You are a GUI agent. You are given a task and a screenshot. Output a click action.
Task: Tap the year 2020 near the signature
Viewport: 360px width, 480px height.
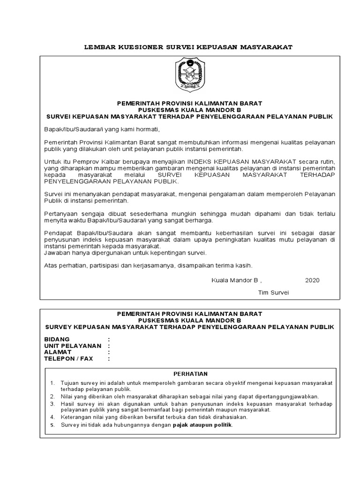(x=312, y=280)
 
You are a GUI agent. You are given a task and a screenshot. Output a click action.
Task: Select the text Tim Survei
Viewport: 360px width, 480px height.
(x=274, y=292)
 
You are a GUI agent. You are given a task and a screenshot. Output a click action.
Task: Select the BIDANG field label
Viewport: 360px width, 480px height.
(x=57, y=339)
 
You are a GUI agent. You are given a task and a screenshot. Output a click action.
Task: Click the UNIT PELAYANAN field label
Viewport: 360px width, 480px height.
(x=73, y=345)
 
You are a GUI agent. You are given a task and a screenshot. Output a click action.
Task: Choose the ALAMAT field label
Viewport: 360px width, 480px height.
(x=59, y=352)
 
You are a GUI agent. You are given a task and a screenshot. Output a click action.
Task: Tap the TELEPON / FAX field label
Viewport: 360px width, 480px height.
(x=68, y=359)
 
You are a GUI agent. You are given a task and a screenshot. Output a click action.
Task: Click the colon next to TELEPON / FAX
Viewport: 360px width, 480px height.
(x=109, y=359)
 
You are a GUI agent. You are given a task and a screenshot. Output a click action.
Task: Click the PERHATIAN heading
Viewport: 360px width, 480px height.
(x=190, y=374)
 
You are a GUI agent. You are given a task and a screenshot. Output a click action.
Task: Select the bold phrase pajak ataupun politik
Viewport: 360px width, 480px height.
(x=202, y=425)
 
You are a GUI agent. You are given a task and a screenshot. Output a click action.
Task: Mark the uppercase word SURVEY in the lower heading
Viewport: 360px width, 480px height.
(x=59, y=326)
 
